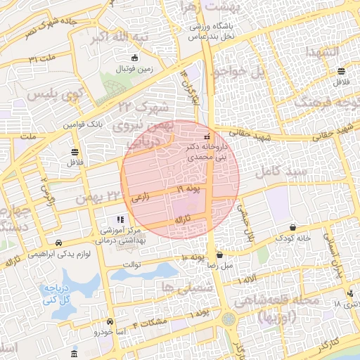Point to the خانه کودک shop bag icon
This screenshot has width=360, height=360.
tap(292, 226)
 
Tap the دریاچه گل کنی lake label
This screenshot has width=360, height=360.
tap(58, 294)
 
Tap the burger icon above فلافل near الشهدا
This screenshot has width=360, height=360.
tap(341, 71)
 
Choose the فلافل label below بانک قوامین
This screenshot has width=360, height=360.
tap(74, 163)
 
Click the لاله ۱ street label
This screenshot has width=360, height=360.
tap(247, 280)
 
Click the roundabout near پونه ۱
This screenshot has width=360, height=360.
tap(229, 319)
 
